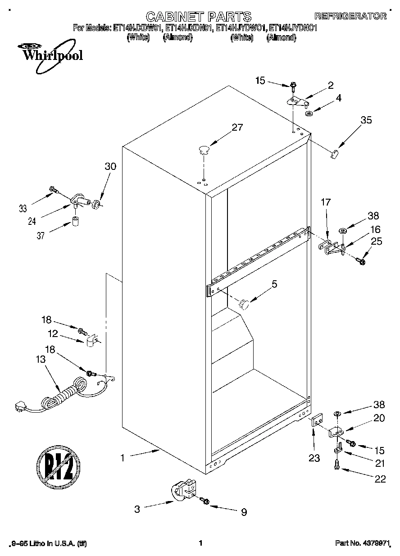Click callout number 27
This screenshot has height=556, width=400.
coord(236,128)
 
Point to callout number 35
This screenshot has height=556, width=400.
coord(366,120)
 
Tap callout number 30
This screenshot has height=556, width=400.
coord(110,166)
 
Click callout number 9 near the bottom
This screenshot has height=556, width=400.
coord(243,511)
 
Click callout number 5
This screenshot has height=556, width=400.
coord(274,284)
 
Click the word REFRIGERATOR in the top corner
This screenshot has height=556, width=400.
coord(350,16)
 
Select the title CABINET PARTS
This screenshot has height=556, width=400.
coord(199,17)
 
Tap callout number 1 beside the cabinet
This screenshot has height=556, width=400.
coord(122,457)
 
